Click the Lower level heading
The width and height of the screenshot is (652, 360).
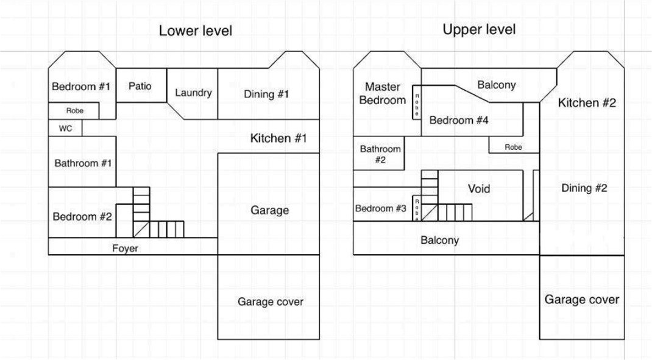[196, 31]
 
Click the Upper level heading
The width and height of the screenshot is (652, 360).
[479, 29]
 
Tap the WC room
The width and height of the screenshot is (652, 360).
[65, 128]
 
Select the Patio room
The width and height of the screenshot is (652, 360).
[141, 86]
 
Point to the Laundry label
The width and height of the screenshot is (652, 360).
[193, 93]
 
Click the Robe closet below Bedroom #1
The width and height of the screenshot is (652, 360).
[74, 111]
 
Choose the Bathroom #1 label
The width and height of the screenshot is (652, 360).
[83, 163]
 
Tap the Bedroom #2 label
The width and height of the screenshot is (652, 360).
[82, 217]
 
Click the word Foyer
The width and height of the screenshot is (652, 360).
[125, 248]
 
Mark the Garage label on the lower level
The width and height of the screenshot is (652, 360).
[269, 210]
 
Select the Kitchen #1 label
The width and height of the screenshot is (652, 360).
[278, 138]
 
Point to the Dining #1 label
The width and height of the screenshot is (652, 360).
[266, 94]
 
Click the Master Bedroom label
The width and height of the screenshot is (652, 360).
[383, 94]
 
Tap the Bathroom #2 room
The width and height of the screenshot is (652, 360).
[379, 154]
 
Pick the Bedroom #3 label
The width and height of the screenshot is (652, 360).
[380, 208]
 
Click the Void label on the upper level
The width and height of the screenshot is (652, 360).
[479, 189]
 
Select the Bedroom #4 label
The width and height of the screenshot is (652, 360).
[459, 120]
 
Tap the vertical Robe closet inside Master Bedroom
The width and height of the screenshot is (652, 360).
[417, 102]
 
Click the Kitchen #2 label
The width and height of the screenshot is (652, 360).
[587, 103]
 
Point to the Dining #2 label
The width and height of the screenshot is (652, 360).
[584, 188]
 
